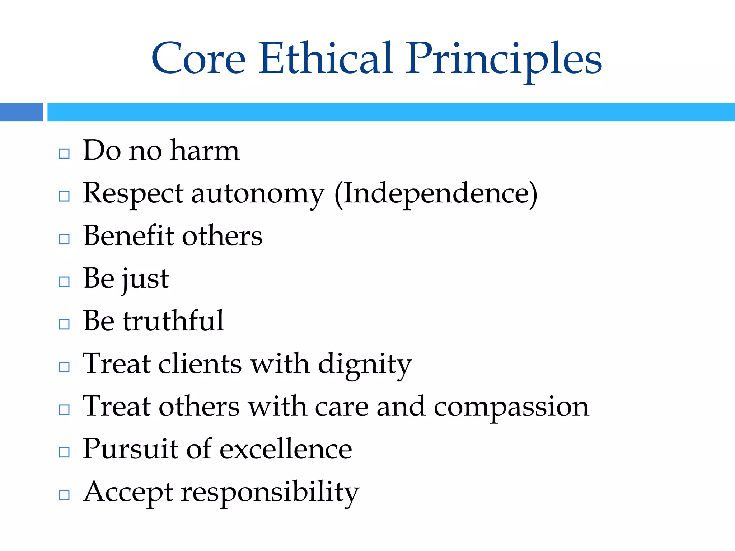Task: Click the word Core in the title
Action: [198, 58]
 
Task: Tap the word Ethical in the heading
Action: [326, 58]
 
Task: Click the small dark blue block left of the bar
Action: [21, 112]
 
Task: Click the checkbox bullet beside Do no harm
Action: [64, 154]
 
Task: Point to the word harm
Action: [205, 150]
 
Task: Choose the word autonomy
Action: [258, 194]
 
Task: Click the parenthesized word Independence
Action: [436, 194]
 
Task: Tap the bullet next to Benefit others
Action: [64, 239]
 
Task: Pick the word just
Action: [145, 279]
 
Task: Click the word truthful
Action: [174, 321]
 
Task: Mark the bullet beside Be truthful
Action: [64, 324]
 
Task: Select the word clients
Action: [200, 364]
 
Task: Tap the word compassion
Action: [511, 407]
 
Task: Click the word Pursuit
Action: [130, 449]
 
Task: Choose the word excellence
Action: [286, 449]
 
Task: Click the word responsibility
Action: [270, 493]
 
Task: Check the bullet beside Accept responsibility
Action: [64, 495]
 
